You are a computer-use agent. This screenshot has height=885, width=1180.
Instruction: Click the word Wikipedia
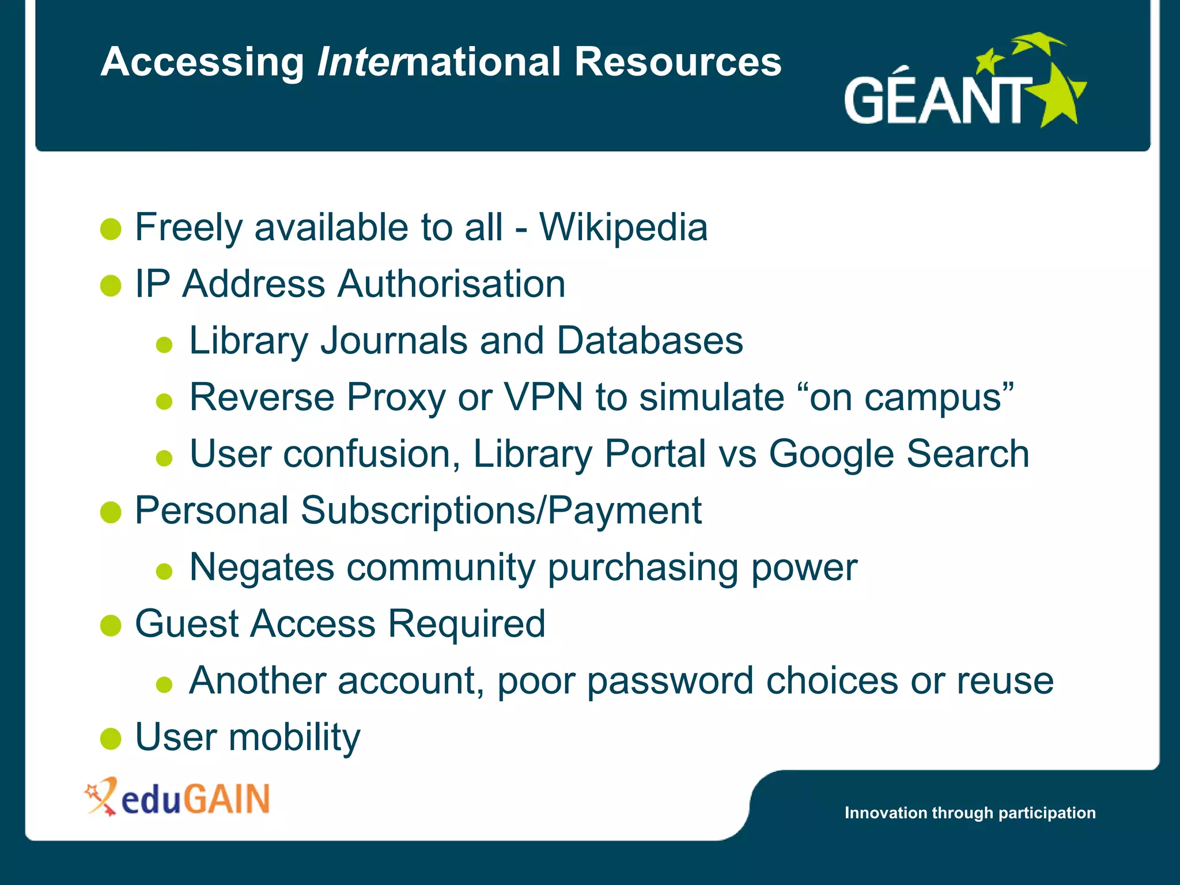pos(623,228)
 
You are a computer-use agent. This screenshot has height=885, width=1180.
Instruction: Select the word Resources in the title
pos(678,62)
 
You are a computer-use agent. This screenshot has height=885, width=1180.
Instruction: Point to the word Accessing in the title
pos(202,62)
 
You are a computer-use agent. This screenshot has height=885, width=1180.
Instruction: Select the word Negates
pos(262,568)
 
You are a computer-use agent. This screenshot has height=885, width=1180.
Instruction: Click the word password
pos(670,681)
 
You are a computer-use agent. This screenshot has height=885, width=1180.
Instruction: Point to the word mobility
pos(294,737)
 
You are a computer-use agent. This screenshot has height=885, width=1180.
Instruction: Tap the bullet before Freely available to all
pos(111,229)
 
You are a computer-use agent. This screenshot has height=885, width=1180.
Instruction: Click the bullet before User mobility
pos(111,739)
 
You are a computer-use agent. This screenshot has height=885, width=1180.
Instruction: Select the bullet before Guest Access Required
pos(111,625)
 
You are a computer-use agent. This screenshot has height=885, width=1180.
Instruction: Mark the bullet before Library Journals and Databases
pos(164,345)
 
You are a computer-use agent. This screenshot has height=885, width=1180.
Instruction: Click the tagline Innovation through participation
pos(970,812)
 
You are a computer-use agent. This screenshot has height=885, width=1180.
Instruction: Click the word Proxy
pos(396,398)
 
